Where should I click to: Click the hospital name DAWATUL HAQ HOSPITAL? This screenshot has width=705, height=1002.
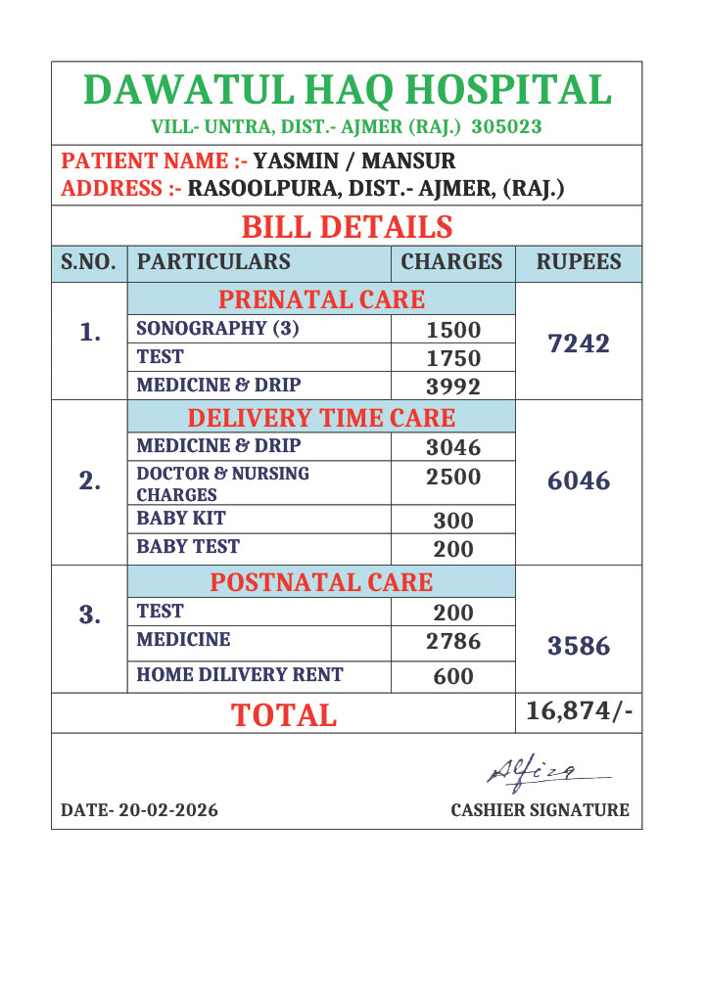(348, 90)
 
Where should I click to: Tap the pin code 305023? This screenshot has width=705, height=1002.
(506, 127)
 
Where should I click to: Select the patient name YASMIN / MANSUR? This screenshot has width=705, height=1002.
(354, 160)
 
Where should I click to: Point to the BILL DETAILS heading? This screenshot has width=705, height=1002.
(347, 227)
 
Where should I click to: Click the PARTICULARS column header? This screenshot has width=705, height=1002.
(213, 262)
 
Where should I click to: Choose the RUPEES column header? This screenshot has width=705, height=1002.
(579, 262)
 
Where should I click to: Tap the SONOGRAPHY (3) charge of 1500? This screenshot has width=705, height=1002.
(453, 330)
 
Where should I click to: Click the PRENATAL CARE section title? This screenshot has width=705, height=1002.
(321, 299)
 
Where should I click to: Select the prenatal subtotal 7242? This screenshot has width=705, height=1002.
(579, 343)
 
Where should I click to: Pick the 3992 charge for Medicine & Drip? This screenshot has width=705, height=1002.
(453, 387)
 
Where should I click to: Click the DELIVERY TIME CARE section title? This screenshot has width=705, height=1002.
(321, 419)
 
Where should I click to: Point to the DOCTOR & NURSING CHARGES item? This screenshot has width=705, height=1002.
(223, 483)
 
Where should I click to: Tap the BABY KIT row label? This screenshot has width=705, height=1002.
(181, 519)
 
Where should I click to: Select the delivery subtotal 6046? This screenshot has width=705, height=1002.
(579, 480)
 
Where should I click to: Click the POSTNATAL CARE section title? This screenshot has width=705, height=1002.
(321, 582)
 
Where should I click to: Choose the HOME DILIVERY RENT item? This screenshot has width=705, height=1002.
(240, 674)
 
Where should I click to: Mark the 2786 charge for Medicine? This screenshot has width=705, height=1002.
(453, 642)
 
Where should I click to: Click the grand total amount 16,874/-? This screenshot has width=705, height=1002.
(579, 711)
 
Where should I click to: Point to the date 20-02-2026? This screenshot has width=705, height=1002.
(140, 810)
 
